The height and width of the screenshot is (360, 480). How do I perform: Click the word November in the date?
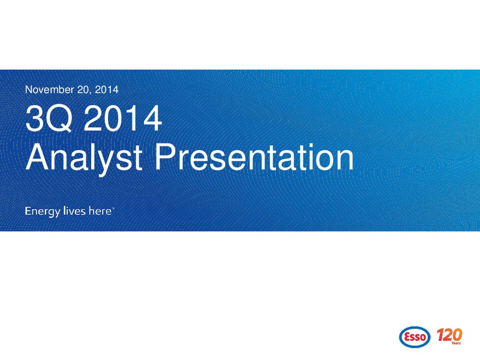point(50,89)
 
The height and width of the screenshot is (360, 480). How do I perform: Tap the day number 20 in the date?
point(84,89)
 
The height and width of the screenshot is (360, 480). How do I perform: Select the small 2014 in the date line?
point(107,89)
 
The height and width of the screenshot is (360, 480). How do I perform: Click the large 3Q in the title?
point(49,118)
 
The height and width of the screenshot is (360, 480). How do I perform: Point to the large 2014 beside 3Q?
point(122,118)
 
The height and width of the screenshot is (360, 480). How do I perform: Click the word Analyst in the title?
point(84,158)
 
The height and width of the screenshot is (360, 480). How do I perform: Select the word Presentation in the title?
point(254,157)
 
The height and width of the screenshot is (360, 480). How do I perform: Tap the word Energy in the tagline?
point(43,212)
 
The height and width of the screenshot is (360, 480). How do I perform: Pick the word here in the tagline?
point(100,211)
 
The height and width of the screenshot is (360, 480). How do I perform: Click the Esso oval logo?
point(415,337)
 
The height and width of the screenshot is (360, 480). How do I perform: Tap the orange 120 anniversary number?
point(449,335)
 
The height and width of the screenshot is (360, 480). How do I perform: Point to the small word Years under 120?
point(456,343)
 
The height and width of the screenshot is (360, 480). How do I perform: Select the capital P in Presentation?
point(166,157)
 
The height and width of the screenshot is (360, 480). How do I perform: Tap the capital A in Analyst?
point(38,157)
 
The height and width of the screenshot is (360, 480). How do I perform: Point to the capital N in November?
point(28,89)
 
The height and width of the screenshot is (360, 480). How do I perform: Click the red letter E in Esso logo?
point(407,337)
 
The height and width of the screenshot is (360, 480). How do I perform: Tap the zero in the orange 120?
point(457,335)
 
